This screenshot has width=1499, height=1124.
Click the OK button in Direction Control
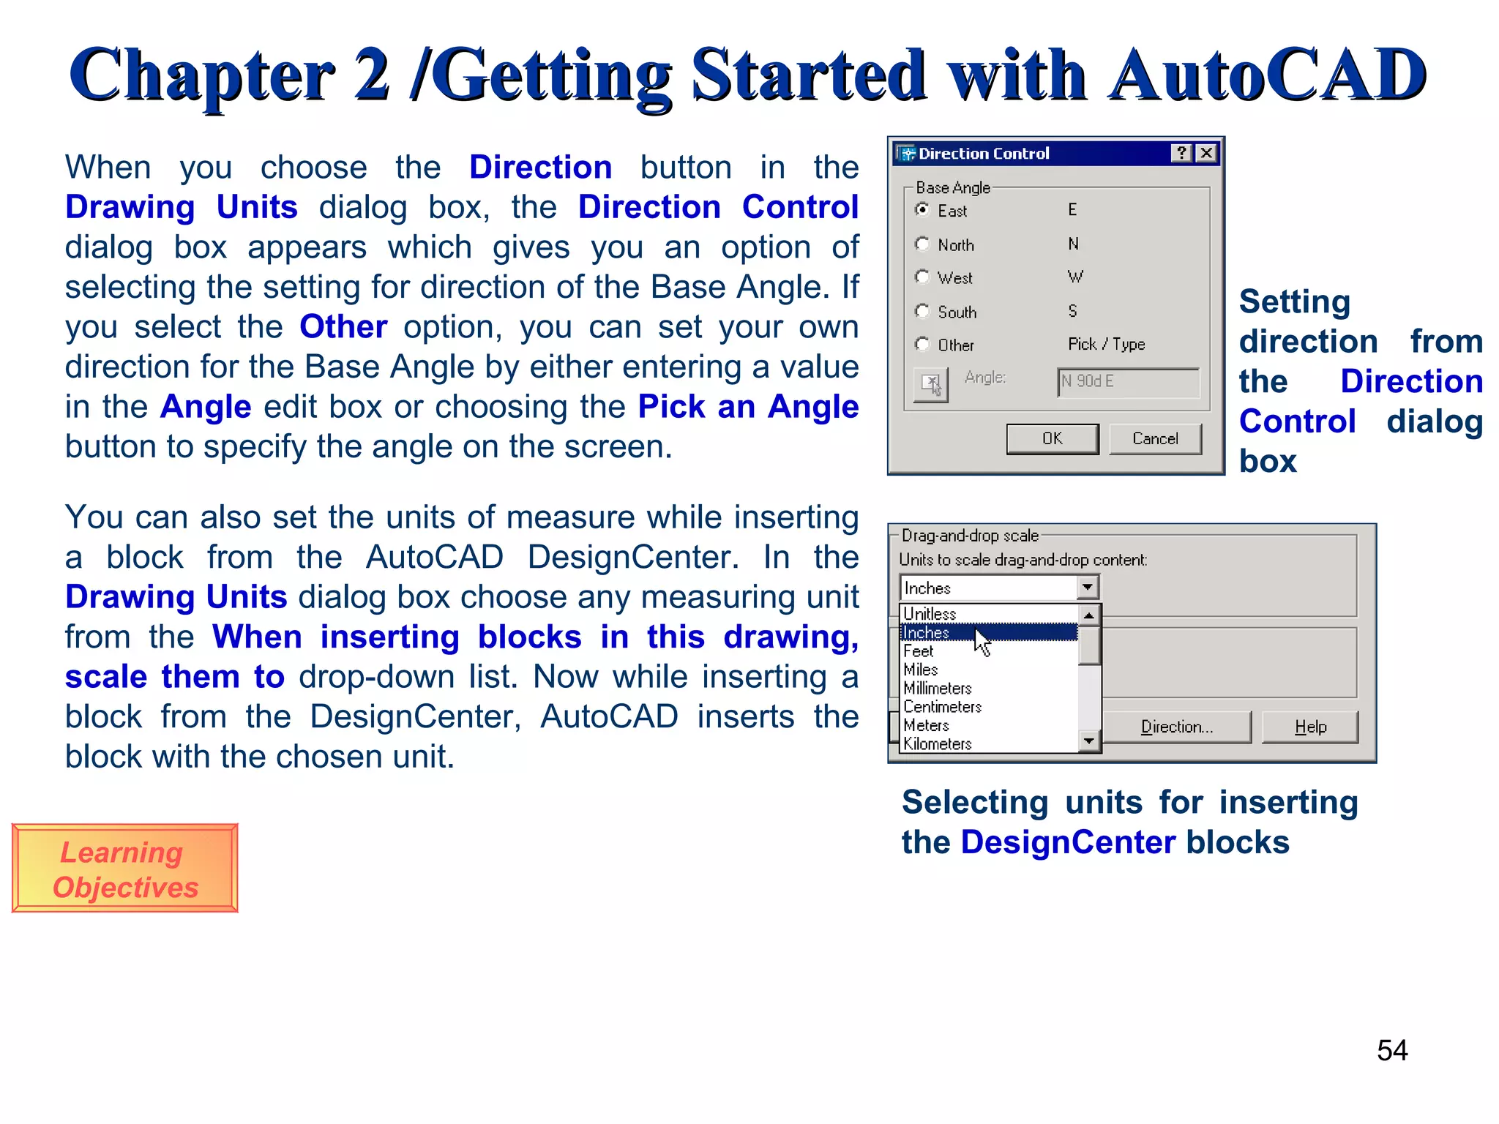pyautogui.click(x=1052, y=438)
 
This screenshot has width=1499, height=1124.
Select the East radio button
pyautogui.click(x=923, y=210)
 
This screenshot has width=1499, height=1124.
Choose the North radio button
pyautogui.click(x=923, y=244)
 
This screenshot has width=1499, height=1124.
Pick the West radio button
pyautogui.click(x=923, y=277)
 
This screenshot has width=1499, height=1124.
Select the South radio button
pyautogui.click(x=923, y=311)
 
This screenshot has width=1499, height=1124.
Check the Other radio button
pyautogui.click(x=923, y=344)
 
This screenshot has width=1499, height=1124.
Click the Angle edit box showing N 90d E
pyautogui.click(x=1127, y=382)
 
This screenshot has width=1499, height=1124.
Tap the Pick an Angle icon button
pyautogui.click(x=931, y=384)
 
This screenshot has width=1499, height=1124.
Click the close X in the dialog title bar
pyautogui.click(x=1206, y=153)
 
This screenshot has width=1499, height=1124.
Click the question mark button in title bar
pyautogui.click(x=1181, y=153)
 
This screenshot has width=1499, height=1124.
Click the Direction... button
pyautogui.click(x=1176, y=727)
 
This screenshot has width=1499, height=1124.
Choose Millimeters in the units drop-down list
pyautogui.click(x=938, y=688)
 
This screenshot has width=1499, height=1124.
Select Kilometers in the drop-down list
pyautogui.click(x=938, y=743)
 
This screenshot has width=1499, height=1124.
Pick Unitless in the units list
pyautogui.click(x=930, y=613)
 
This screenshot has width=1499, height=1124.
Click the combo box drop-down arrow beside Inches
pyautogui.click(x=1088, y=588)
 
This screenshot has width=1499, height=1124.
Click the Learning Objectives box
pyautogui.click(x=124, y=869)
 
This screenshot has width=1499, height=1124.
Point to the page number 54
pyautogui.click(x=1391, y=1051)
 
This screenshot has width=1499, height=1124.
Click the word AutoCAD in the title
pyautogui.click(x=1266, y=75)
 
